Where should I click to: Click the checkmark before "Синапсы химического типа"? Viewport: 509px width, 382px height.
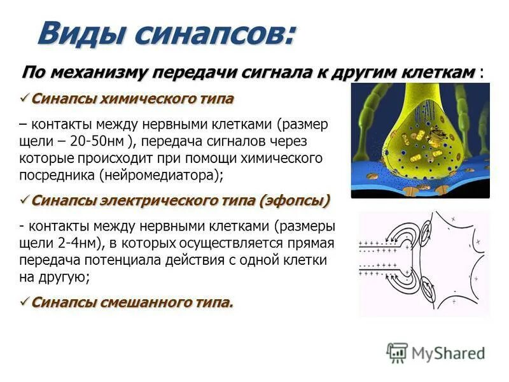pyautogui.click(x=25, y=99)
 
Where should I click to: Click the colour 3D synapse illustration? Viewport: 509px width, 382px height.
pyautogui.click(x=420, y=140)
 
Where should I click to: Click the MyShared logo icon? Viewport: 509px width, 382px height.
pyautogui.click(x=398, y=352)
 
